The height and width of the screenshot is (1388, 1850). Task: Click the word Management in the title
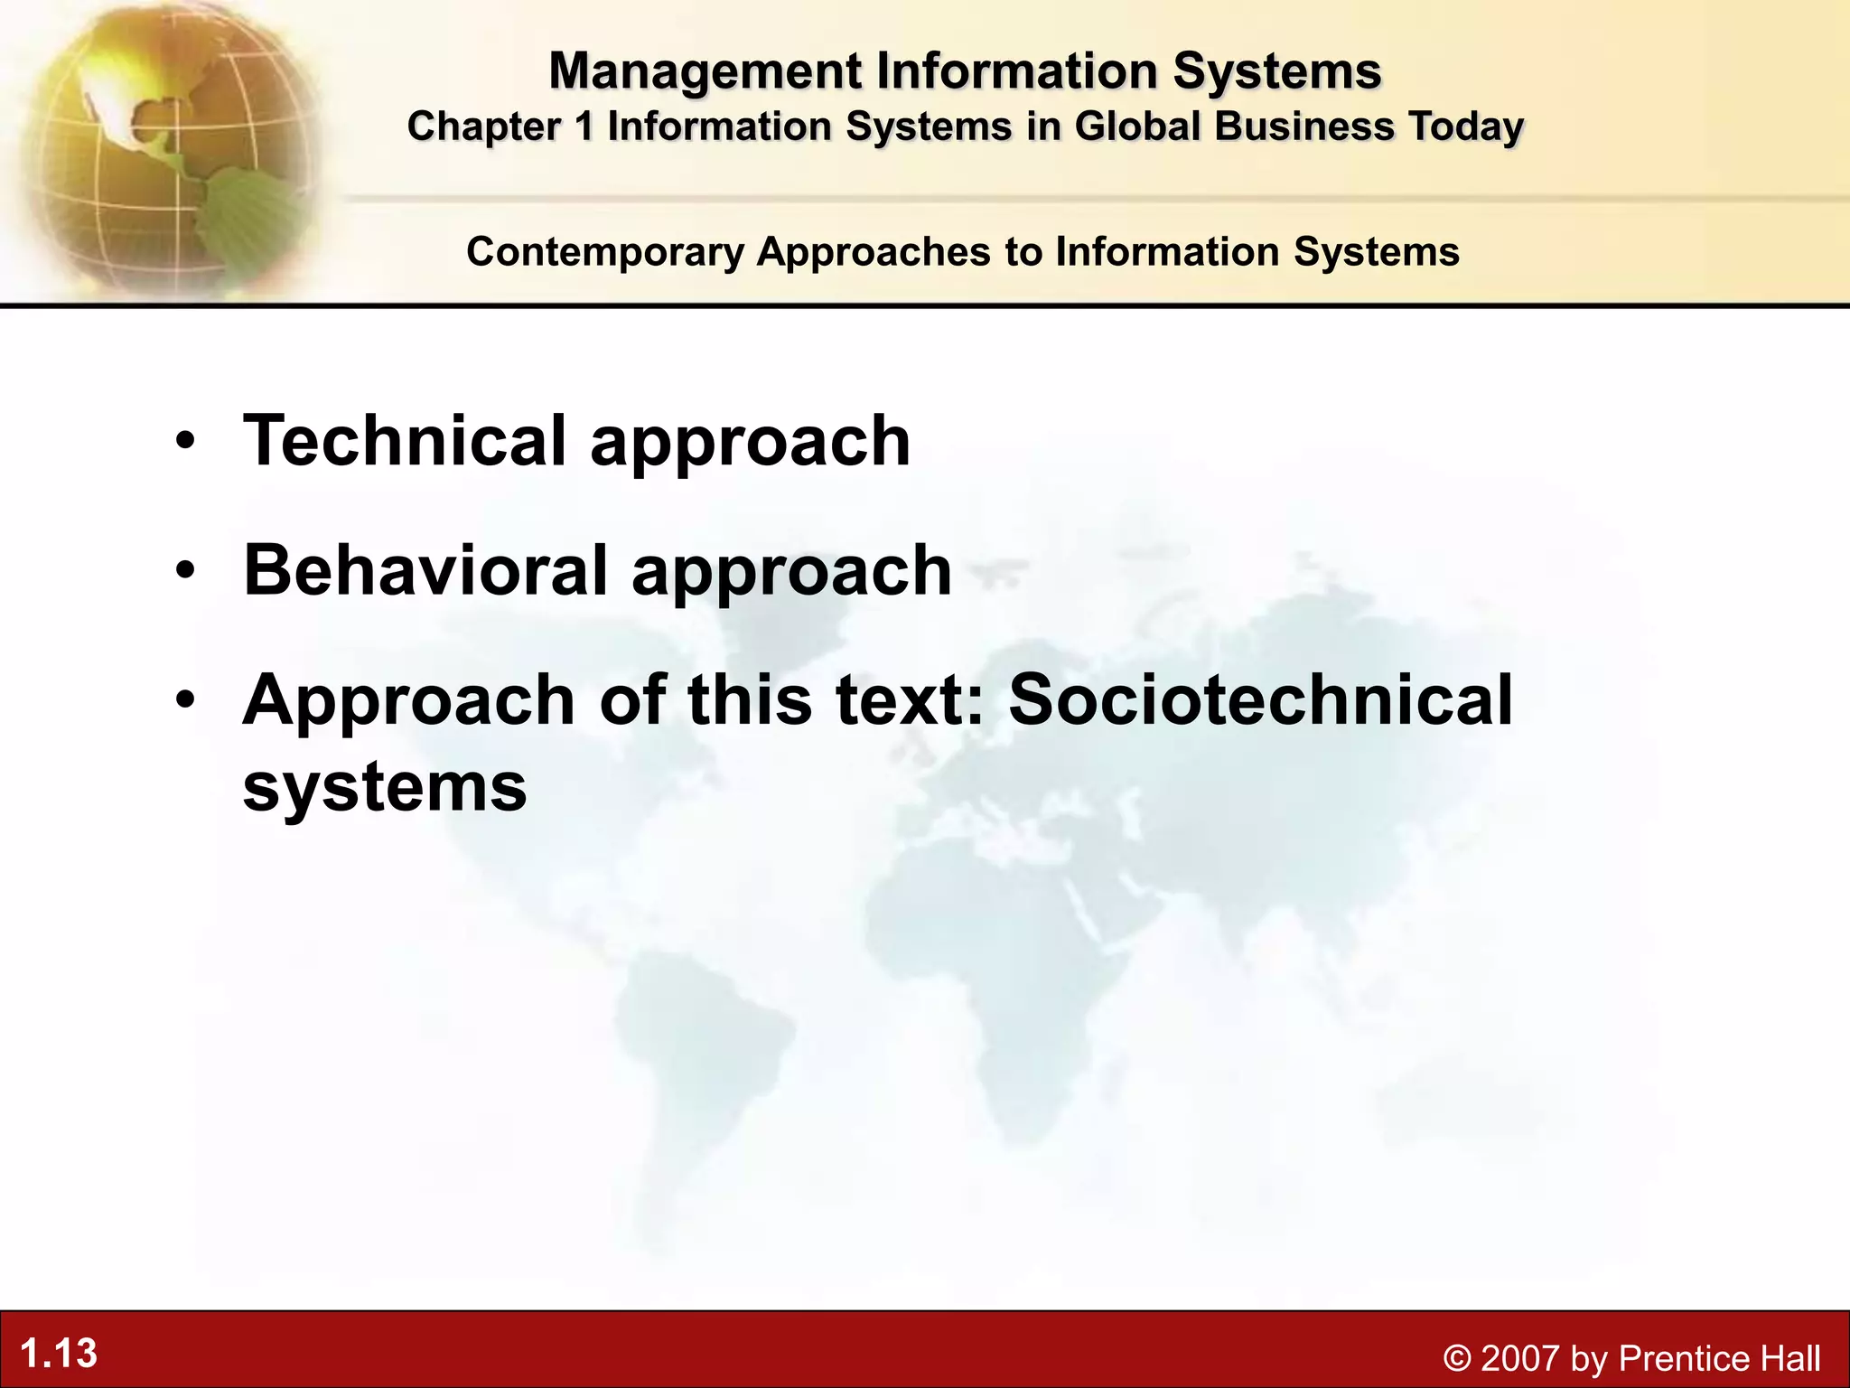click(705, 72)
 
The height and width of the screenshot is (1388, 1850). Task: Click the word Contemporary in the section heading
click(604, 252)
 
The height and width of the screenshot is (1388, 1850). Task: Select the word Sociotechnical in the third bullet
click(1260, 700)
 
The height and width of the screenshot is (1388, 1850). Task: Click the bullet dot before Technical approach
click(185, 442)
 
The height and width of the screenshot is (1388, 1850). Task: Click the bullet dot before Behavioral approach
click(185, 572)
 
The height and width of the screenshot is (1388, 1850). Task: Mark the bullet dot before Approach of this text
click(185, 701)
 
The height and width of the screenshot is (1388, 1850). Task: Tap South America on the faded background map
click(696, 1066)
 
